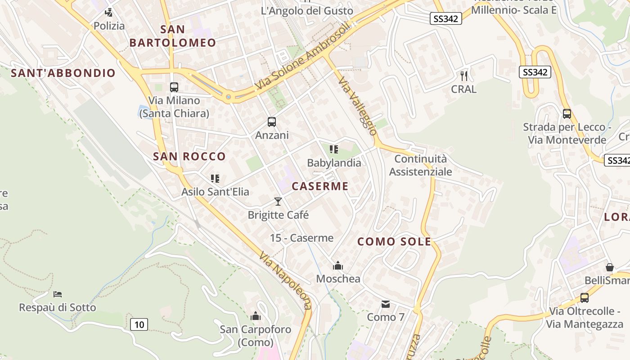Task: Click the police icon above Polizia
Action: click(x=108, y=12)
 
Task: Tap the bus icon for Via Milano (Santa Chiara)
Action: click(x=174, y=87)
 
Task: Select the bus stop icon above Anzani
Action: click(x=272, y=121)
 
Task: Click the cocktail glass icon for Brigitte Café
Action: click(x=278, y=201)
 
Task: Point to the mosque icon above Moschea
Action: click(x=338, y=265)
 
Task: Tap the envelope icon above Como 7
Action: click(x=386, y=304)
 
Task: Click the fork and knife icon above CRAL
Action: click(x=464, y=76)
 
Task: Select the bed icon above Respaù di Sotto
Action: click(x=58, y=294)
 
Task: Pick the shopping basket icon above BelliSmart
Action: click(x=610, y=267)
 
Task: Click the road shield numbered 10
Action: click(x=139, y=324)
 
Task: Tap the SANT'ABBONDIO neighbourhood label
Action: click(x=63, y=73)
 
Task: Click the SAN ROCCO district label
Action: click(x=189, y=157)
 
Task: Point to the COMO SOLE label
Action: click(x=394, y=242)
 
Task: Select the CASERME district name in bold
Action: click(x=320, y=186)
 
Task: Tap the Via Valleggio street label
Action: click(x=358, y=106)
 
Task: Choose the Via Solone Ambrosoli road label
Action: click(x=302, y=56)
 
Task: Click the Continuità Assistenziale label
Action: click(x=420, y=165)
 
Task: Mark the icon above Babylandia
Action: click(x=333, y=149)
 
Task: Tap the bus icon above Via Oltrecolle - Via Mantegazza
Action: click(x=585, y=297)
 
